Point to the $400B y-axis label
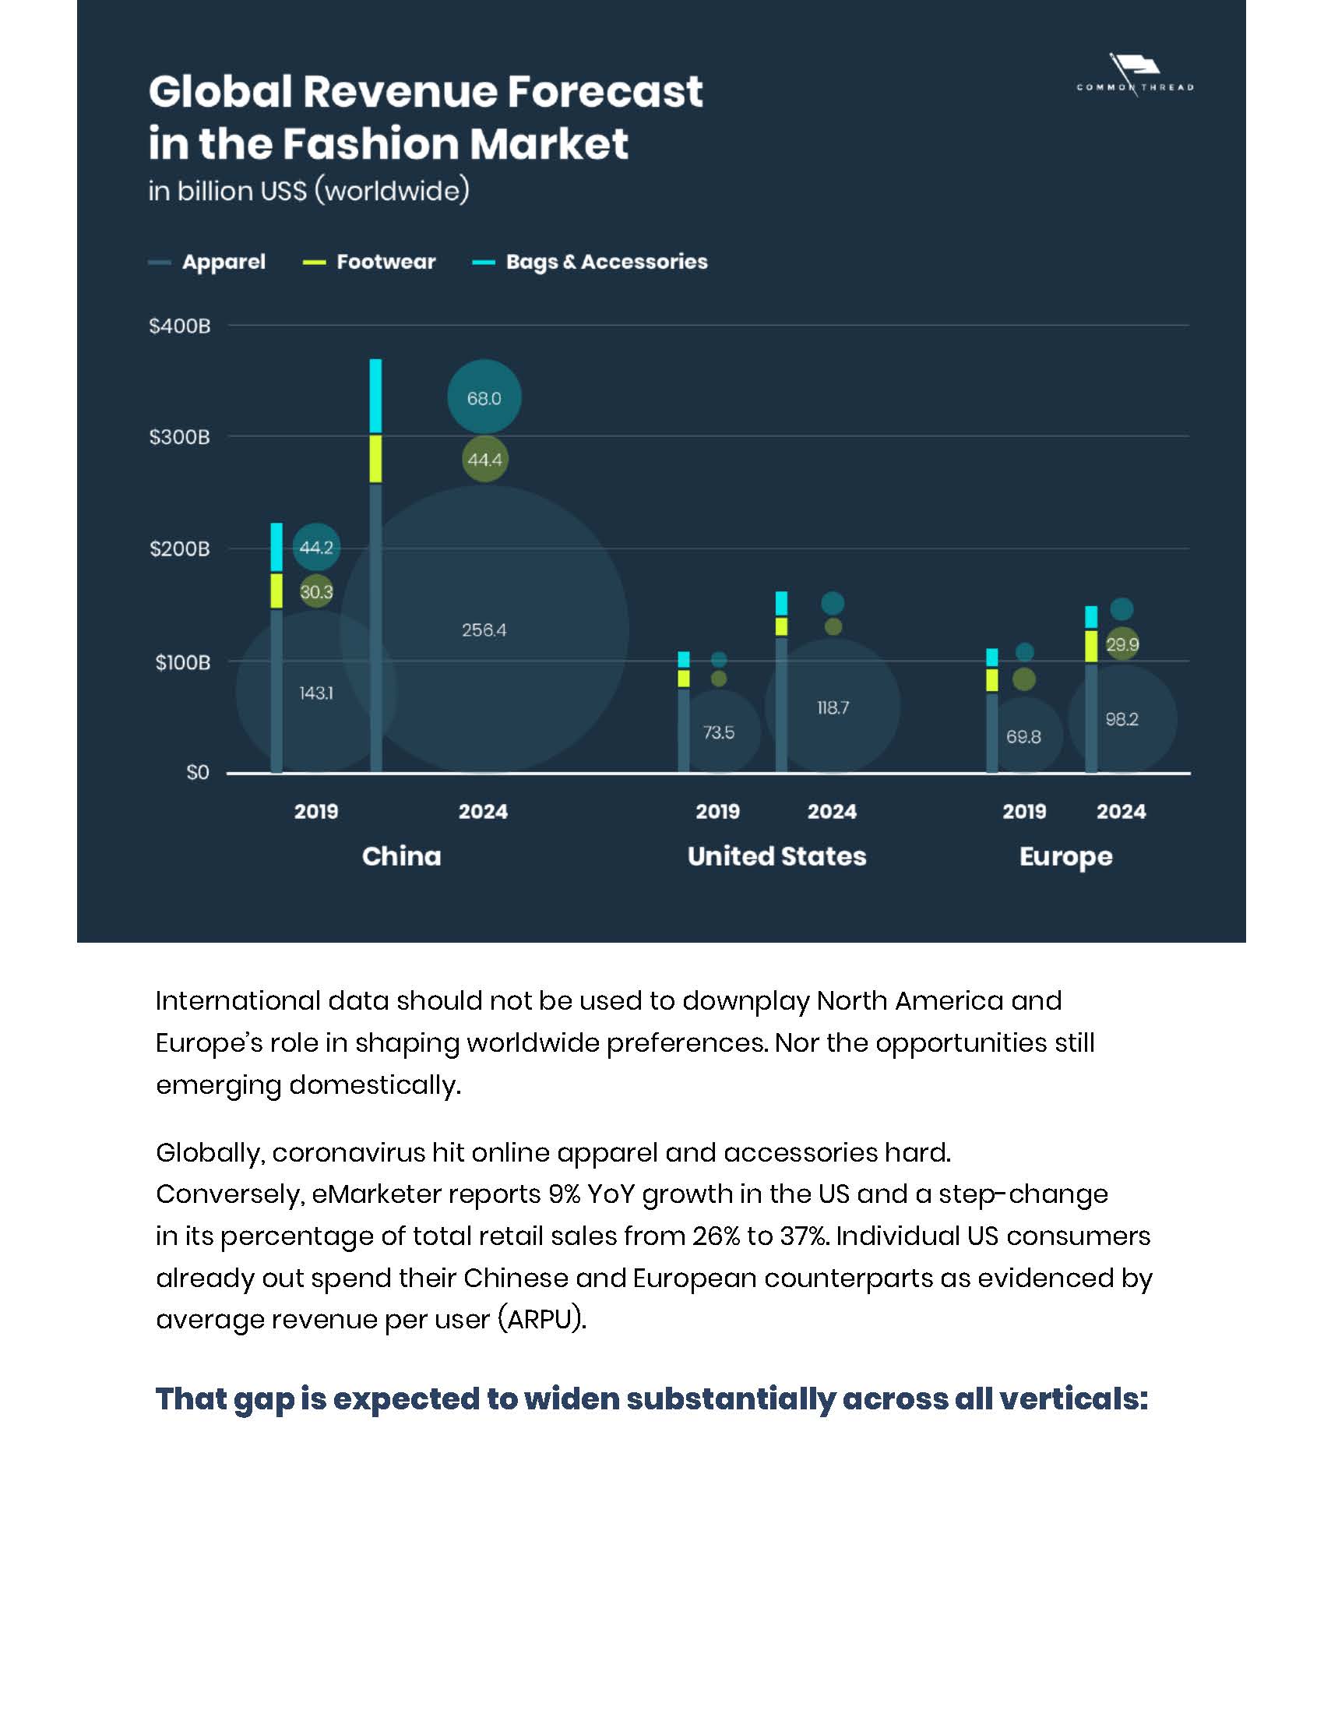click(x=180, y=326)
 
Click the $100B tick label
click(x=182, y=663)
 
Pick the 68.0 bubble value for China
click(x=484, y=399)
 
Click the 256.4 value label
click(x=484, y=630)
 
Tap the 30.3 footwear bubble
click(x=316, y=593)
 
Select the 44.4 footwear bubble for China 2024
click(x=484, y=460)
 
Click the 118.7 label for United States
click(x=833, y=708)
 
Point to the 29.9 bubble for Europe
click(x=1122, y=645)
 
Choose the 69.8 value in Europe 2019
click(x=1023, y=737)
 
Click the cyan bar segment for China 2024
click(x=375, y=397)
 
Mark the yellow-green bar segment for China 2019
click(x=277, y=591)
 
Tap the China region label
click(x=402, y=856)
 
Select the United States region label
click(x=776, y=856)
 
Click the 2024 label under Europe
click(x=1121, y=812)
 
